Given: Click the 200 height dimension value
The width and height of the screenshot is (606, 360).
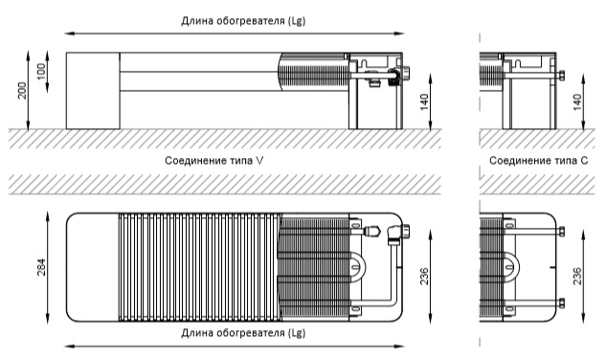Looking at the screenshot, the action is [x=23, y=90].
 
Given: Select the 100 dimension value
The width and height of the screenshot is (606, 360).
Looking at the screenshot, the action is [x=41, y=72].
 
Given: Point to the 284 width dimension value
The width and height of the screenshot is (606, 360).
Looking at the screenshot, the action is [x=41, y=267].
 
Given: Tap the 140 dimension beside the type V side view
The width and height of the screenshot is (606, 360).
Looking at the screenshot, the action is [x=424, y=102].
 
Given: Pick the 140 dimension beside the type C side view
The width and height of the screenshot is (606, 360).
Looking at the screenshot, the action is [x=577, y=102].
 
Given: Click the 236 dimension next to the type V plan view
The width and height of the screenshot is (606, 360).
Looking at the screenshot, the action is [x=424, y=276].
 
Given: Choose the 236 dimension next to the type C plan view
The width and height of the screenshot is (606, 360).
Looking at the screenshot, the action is [x=577, y=276].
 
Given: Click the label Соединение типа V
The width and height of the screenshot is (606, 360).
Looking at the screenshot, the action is [x=214, y=161].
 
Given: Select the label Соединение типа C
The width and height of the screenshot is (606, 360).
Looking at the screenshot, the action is [x=538, y=161].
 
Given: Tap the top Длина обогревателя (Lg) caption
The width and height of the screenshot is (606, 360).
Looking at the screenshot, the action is [x=243, y=21].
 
